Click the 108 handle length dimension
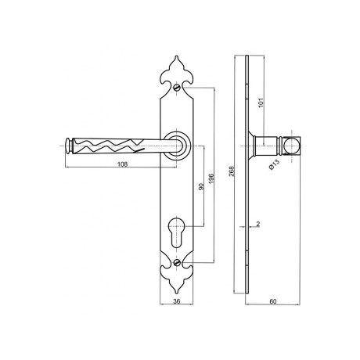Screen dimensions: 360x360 click(123, 164)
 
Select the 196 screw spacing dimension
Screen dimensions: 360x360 click(211, 178)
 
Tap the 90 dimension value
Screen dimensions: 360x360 click(201, 186)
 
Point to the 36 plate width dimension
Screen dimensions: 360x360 click(177, 301)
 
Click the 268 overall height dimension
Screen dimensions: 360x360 click(232, 171)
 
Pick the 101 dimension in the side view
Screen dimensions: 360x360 click(262, 102)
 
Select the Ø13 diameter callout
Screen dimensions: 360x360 click(274, 164)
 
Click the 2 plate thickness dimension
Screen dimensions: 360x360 click(258, 224)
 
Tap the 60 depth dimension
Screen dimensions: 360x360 click(272, 301)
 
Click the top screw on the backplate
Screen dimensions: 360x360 click(177, 87)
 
